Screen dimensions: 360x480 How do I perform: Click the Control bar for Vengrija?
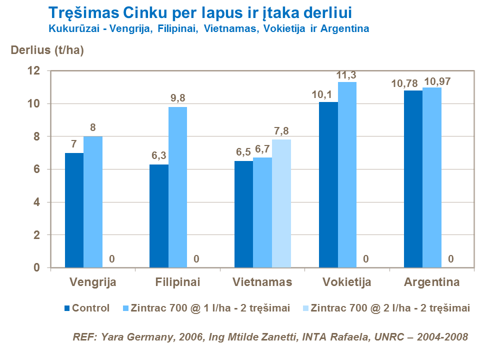(74, 210)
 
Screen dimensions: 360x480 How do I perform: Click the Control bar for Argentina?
(413, 179)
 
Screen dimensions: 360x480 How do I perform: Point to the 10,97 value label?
(437, 81)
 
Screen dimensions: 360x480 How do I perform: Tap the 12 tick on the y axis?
(39, 71)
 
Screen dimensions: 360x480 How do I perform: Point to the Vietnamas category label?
(262, 282)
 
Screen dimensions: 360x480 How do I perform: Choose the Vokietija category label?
(346, 282)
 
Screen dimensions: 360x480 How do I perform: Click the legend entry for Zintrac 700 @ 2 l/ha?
(390, 308)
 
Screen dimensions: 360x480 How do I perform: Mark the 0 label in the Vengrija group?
(111, 259)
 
